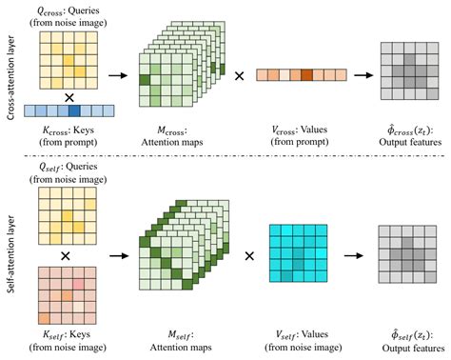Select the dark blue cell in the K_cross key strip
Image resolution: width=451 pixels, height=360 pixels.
click(x=74, y=110)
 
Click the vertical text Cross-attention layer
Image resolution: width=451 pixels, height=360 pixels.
click(x=10, y=72)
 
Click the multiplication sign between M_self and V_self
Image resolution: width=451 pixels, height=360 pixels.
click(x=249, y=255)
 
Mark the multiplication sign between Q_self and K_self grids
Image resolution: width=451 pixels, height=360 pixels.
click(x=65, y=256)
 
